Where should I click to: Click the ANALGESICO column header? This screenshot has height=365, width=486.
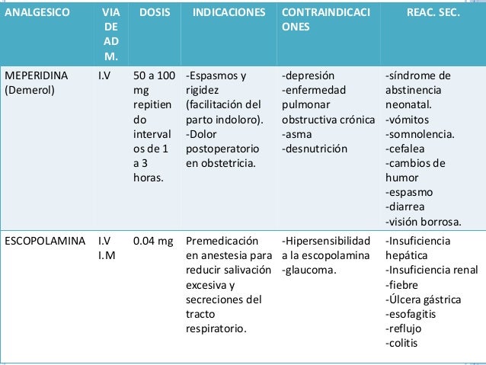[36, 14]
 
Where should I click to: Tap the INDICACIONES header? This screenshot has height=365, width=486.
[229, 14]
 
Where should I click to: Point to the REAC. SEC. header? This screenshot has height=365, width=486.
[433, 14]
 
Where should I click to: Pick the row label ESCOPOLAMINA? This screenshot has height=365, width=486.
[44, 242]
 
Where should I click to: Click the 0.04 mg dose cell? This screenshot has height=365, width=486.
[152, 242]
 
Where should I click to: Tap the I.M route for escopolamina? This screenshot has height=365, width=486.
[107, 256]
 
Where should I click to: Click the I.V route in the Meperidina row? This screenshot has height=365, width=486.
[105, 76]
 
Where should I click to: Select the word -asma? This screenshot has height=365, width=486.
[296, 134]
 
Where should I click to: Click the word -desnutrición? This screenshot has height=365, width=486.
[315, 149]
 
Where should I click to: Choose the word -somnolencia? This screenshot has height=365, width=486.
[420, 134]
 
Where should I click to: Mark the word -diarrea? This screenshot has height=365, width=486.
[405, 207]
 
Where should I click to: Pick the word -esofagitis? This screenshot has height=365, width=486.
[412, 314]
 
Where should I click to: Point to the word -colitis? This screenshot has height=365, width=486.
[404, 343]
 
